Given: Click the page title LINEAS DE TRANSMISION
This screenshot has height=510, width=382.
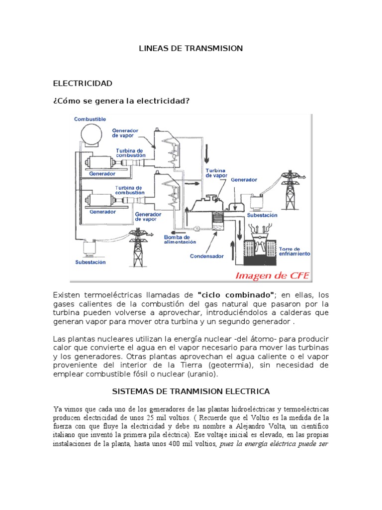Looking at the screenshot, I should click(x=190, y=48).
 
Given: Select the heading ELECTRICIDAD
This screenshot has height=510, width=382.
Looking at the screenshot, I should click(x=83, y=83).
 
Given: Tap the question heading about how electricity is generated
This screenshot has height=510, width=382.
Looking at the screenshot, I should click(x=121, y=101).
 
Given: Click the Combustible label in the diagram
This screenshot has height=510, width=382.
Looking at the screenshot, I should click(x=90, y=119).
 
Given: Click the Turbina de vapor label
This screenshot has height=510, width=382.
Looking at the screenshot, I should click(x=216, y=172).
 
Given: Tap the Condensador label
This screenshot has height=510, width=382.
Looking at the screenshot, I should click(x=207, y=256).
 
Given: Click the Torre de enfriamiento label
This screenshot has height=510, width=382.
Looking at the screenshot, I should click(x=295, y=251).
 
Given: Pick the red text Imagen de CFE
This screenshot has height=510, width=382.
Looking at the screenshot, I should click(x=272, y=275).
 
